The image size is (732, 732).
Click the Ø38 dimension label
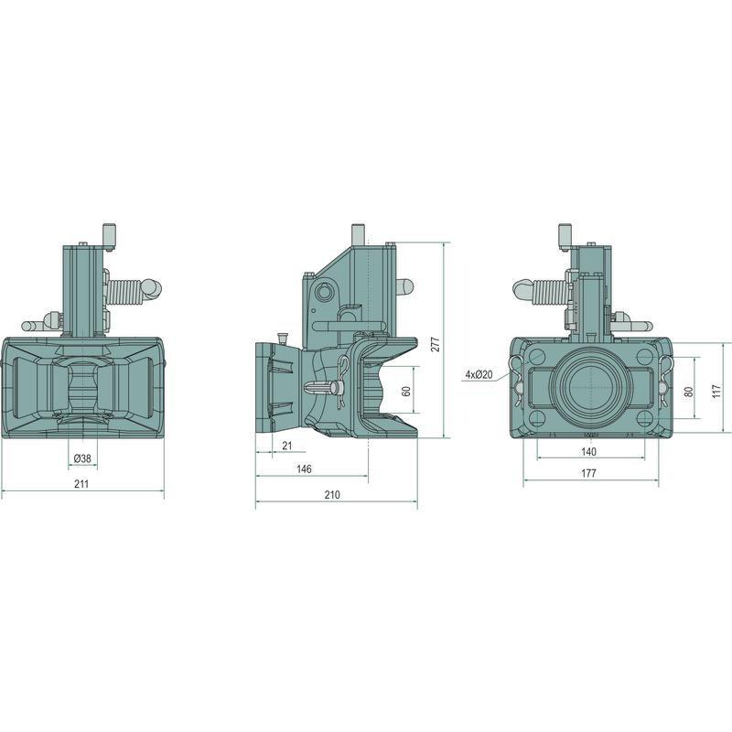(x=82, y=458)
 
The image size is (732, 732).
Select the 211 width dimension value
(x=81, y=484)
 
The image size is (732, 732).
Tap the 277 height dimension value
(x=436, y=344)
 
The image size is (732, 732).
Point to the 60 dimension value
(x=406, y=391)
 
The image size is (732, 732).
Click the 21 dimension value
(x=287, y=446)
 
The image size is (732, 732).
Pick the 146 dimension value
(x=304, y=468)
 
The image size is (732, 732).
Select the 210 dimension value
(x=332, y=494)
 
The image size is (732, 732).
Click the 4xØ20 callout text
(x=479, y=374)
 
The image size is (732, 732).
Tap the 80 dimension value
(x=689, y=392)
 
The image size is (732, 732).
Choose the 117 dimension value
(x=717, y=392)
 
